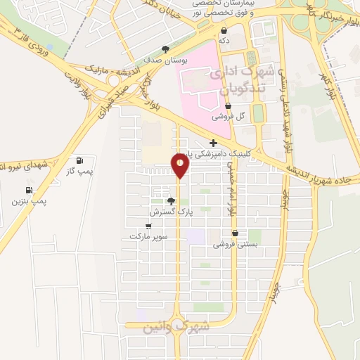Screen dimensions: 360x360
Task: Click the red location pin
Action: tap(181, 165)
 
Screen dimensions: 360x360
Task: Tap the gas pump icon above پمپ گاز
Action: tap(79, 160)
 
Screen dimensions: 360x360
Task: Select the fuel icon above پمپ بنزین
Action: tap(29, 190)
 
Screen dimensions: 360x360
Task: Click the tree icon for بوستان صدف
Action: tap(165, 49)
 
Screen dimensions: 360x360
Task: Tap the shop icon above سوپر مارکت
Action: tap(148, 226)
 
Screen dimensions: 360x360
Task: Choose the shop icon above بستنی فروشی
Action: tap(235, 233)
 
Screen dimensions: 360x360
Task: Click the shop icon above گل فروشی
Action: tap(228, 105)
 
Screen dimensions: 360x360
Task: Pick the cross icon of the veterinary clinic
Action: tap(204, 144)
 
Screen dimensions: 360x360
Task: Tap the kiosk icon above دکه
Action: tap(224, 30)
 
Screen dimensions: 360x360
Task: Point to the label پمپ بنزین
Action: tap(29, 201)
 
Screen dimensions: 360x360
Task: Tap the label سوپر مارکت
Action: tap(148, 237)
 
